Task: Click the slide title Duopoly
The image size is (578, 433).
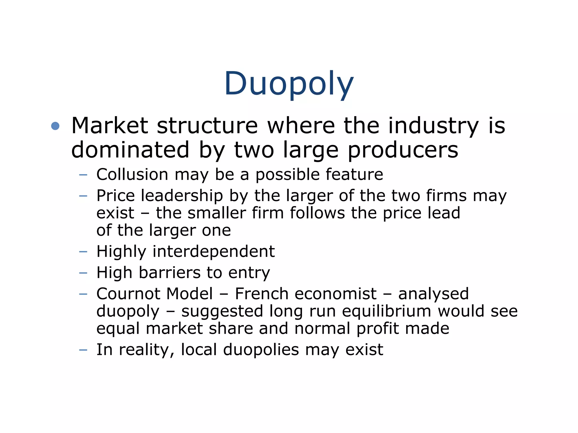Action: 289,84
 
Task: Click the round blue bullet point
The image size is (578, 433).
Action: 55,126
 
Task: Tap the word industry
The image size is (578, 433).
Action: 433,126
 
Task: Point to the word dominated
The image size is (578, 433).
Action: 130,150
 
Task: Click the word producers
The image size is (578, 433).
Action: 403,150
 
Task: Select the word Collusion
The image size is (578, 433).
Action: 132,174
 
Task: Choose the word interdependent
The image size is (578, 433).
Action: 214,251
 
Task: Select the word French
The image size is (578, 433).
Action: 262,294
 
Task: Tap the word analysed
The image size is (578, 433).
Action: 433,294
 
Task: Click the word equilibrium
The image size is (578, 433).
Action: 387,311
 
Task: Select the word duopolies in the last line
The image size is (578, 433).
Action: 261,350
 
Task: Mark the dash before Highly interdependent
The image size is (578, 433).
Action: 83,251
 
